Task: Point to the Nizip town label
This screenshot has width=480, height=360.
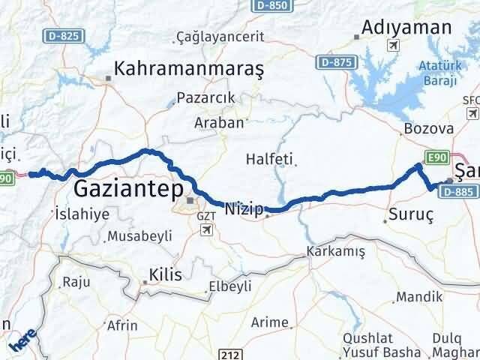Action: point(243,210)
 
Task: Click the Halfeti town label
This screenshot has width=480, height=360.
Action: point(269,159)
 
